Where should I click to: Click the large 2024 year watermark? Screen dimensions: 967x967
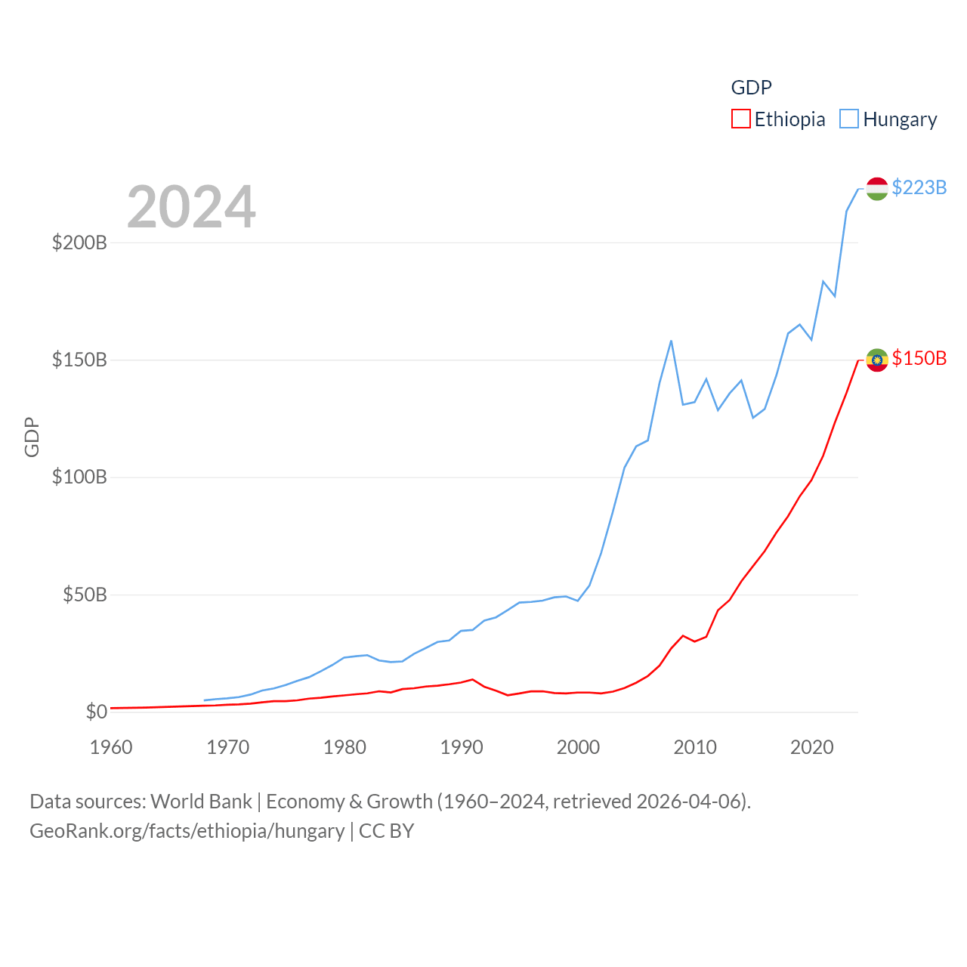[191, 207]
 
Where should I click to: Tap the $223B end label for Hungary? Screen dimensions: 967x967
[919, 187]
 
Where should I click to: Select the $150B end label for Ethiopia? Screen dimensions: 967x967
[919, 358]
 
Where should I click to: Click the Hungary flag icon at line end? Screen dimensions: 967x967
[876, 189]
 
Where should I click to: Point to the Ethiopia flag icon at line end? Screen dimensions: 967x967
[876, 360]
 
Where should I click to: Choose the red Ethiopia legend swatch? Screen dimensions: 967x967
[740, 119]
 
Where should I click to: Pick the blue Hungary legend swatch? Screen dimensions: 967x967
[849, 119]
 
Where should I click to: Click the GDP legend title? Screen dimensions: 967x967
[751, 88]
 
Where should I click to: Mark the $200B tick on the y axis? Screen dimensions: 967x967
[79, 243]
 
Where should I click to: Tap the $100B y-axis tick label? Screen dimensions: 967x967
[79, 477]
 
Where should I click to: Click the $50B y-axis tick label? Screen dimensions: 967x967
[85, 595]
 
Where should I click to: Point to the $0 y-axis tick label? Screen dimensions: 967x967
[96, 712]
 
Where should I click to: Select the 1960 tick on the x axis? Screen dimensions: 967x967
[111, 747]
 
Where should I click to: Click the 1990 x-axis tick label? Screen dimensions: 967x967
[461, 747]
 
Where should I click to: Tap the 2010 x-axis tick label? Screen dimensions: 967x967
[695, 747]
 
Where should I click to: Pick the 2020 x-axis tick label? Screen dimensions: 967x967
[811, 747]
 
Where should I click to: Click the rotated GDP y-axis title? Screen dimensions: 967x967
[32, 437]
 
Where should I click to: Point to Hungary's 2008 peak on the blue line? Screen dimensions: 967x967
[671, 341]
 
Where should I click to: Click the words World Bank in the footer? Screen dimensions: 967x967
[201, 801]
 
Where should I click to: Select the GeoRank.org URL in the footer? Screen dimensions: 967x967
[187, 831]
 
